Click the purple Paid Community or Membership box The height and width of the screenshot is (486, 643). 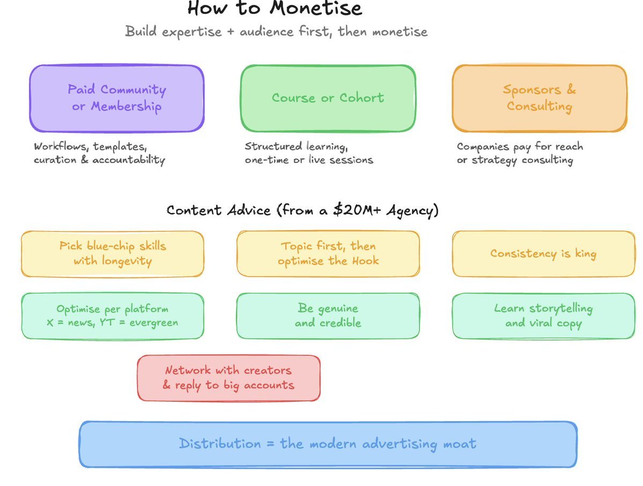pos(117,98)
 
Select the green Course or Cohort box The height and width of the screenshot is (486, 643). pos(328,98)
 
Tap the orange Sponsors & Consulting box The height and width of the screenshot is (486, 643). pos(539,98)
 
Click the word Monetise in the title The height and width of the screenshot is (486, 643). pos(316,8)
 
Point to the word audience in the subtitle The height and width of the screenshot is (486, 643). pos(267,32)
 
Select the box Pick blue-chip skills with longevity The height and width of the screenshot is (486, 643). pos(113,254)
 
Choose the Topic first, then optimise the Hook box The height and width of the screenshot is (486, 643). pos(328,254)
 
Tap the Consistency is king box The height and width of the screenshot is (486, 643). pos(543,254)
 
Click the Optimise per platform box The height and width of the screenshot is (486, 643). pos(113,316)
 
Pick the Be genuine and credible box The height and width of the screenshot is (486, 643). pos(328,316)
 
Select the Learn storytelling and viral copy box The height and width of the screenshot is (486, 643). pos(543,316)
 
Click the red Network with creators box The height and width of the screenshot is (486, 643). pos(229,378)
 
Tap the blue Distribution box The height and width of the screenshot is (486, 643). pos(328,445)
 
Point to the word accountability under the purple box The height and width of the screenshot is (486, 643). pos(128,160)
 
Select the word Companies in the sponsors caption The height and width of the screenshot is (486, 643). pos(483,147)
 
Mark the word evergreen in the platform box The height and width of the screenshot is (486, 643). pos(154,323)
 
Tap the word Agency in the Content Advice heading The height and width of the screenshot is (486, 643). pos(412,211)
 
